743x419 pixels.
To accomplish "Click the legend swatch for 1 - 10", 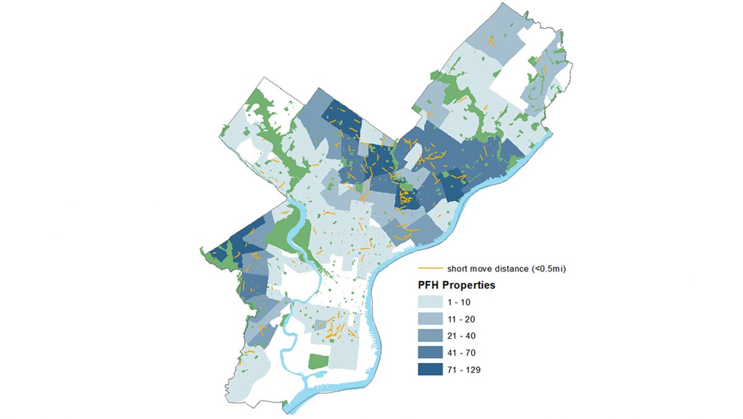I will point(431,302).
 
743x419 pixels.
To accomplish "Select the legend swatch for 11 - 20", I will point(431,319).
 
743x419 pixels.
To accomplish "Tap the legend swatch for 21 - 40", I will point(431,336).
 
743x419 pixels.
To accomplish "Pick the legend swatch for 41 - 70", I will point(431,353).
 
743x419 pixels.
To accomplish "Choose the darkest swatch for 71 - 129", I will point(431,369).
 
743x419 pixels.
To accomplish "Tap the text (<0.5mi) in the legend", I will point(546,268).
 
